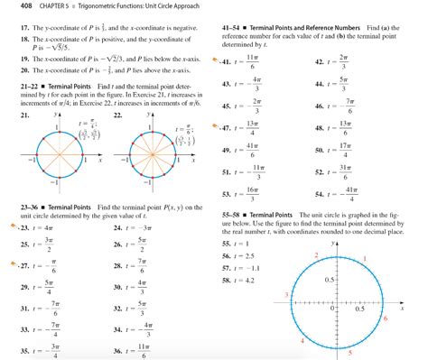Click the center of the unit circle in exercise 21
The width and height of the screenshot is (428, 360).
click(x=59, y=159)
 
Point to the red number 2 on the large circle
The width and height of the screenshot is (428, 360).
click(x=315, y=258)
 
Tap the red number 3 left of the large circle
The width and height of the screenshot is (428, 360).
click(x=286, y=295)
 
